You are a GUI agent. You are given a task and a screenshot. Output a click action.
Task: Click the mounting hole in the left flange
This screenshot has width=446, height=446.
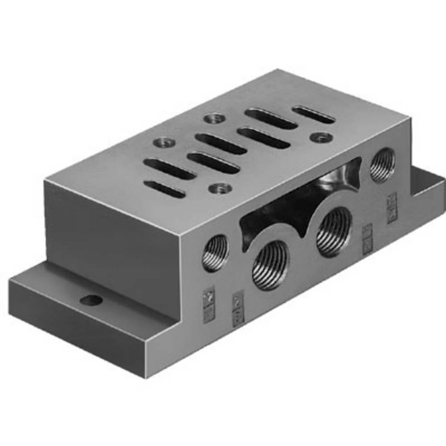pos(91,300)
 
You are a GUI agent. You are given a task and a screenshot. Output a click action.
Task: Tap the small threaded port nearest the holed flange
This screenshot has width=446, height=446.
pos(216,253)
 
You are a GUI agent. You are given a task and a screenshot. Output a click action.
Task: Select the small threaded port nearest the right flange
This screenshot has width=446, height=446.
pos(383,165)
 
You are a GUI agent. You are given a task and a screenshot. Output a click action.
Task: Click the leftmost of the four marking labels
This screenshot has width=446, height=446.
pos(209,305)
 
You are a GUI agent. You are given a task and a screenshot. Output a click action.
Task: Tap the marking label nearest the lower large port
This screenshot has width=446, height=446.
pos(238,308)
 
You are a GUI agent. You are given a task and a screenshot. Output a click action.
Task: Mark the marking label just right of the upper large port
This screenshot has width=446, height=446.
pos(367,239)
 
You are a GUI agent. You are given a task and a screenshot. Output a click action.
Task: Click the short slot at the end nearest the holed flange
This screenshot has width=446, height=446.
pos(165,189)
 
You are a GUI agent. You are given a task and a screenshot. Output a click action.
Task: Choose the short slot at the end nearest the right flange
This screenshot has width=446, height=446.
pos(314,115)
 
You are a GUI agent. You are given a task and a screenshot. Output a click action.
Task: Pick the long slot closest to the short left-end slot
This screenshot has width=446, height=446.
pos(170,169)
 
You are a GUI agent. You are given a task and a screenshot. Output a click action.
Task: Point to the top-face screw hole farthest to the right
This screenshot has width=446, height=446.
pos(321,137)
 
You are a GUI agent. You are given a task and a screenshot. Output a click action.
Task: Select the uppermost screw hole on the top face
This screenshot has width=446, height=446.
pos(215,118)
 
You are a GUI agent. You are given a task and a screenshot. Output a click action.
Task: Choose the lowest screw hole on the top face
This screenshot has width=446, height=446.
pos(221,188)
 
